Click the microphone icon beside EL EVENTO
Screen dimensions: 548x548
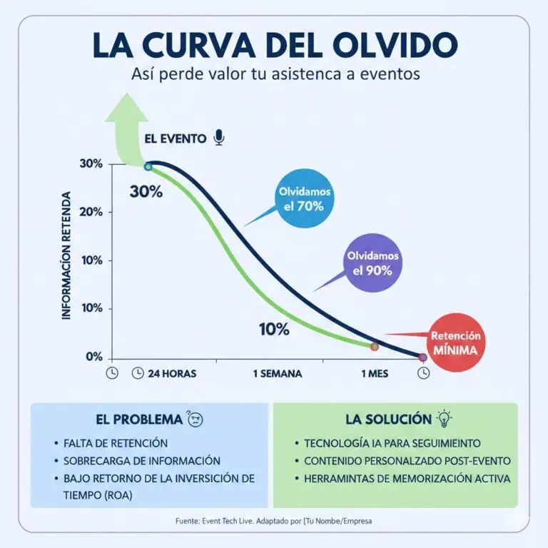[x=219, y=138]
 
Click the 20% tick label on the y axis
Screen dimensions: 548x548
[x=91, y=212]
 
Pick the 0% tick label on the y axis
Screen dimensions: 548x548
[x=94, y=357]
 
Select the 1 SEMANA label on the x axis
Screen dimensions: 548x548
[x=278, y=373]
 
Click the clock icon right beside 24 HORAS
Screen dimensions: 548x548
[x=137, y=373]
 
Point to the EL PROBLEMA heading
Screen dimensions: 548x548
[x=138, y=420]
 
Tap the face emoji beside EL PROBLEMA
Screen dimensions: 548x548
[x=193, y=420]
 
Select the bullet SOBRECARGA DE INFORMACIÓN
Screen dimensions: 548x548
[x=141, y=461]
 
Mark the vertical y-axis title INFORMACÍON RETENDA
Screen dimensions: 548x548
[x=66, y=255]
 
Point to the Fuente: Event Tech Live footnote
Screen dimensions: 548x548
[x=273, y=522]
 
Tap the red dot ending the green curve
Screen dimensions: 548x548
[x=375, y=346]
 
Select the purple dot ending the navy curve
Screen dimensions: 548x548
[x=422, y=357]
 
